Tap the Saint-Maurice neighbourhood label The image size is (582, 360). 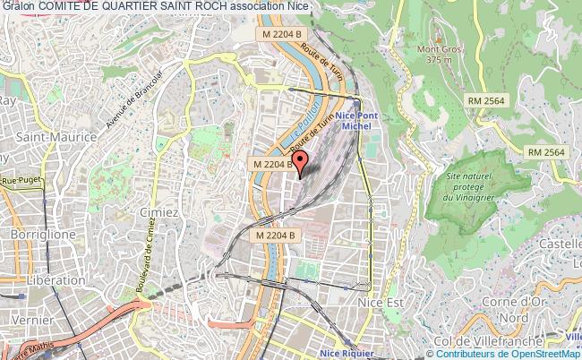[x=49, y=138]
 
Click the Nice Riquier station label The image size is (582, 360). [x=350, y=354]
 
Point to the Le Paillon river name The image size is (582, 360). [x=306, y=125]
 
